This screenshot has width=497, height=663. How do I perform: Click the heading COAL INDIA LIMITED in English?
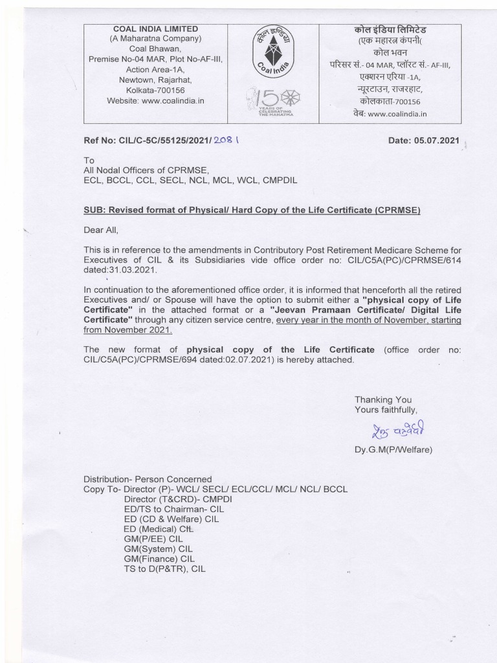tap(156, 29)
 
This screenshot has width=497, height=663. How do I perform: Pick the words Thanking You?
tap(383, 399)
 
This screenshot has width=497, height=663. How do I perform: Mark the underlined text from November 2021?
tap(128, 330)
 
